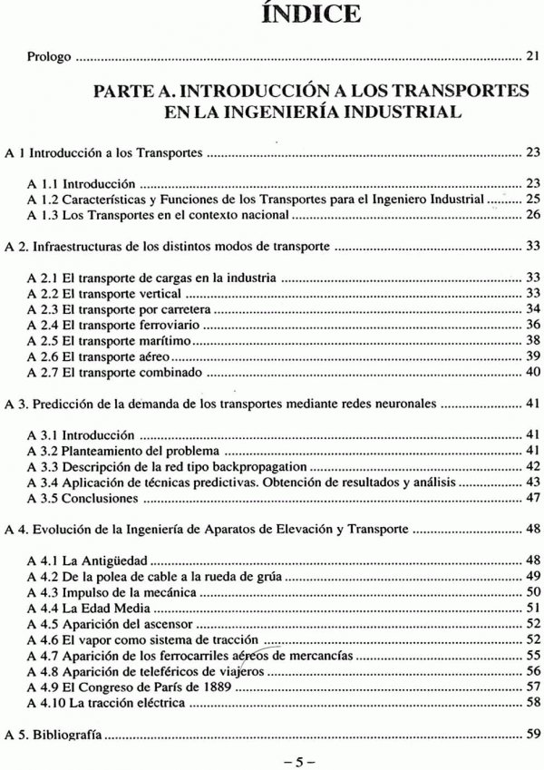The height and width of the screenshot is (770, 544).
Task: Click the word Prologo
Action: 49,56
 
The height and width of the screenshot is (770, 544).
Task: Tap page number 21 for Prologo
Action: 532,56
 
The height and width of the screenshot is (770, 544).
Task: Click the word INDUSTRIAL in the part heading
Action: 385,112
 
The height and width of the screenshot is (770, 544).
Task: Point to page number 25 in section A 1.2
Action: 532,198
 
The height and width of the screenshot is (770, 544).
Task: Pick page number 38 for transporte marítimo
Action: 532,341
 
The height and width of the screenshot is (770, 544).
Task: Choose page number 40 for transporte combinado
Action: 532,372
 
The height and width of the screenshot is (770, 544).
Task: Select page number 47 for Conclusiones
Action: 532,498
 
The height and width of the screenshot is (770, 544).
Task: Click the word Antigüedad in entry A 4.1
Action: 116,560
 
